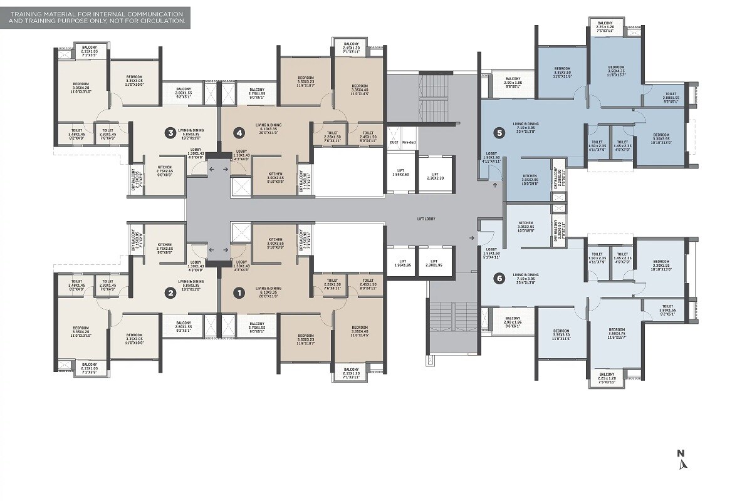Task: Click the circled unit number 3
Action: point(170,133)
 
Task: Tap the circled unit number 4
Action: point(238,133)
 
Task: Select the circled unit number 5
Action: point(499,133)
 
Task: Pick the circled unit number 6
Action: point(499,279)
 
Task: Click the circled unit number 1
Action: point(238,292)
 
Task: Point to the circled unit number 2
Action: point(170,292)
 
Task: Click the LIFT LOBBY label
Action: point(426,219)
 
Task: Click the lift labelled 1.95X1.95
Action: point(400,263)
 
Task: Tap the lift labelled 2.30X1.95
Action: point(434,263)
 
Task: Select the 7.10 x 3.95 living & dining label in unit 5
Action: point(526,126)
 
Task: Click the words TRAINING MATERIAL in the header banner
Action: point(38,13)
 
